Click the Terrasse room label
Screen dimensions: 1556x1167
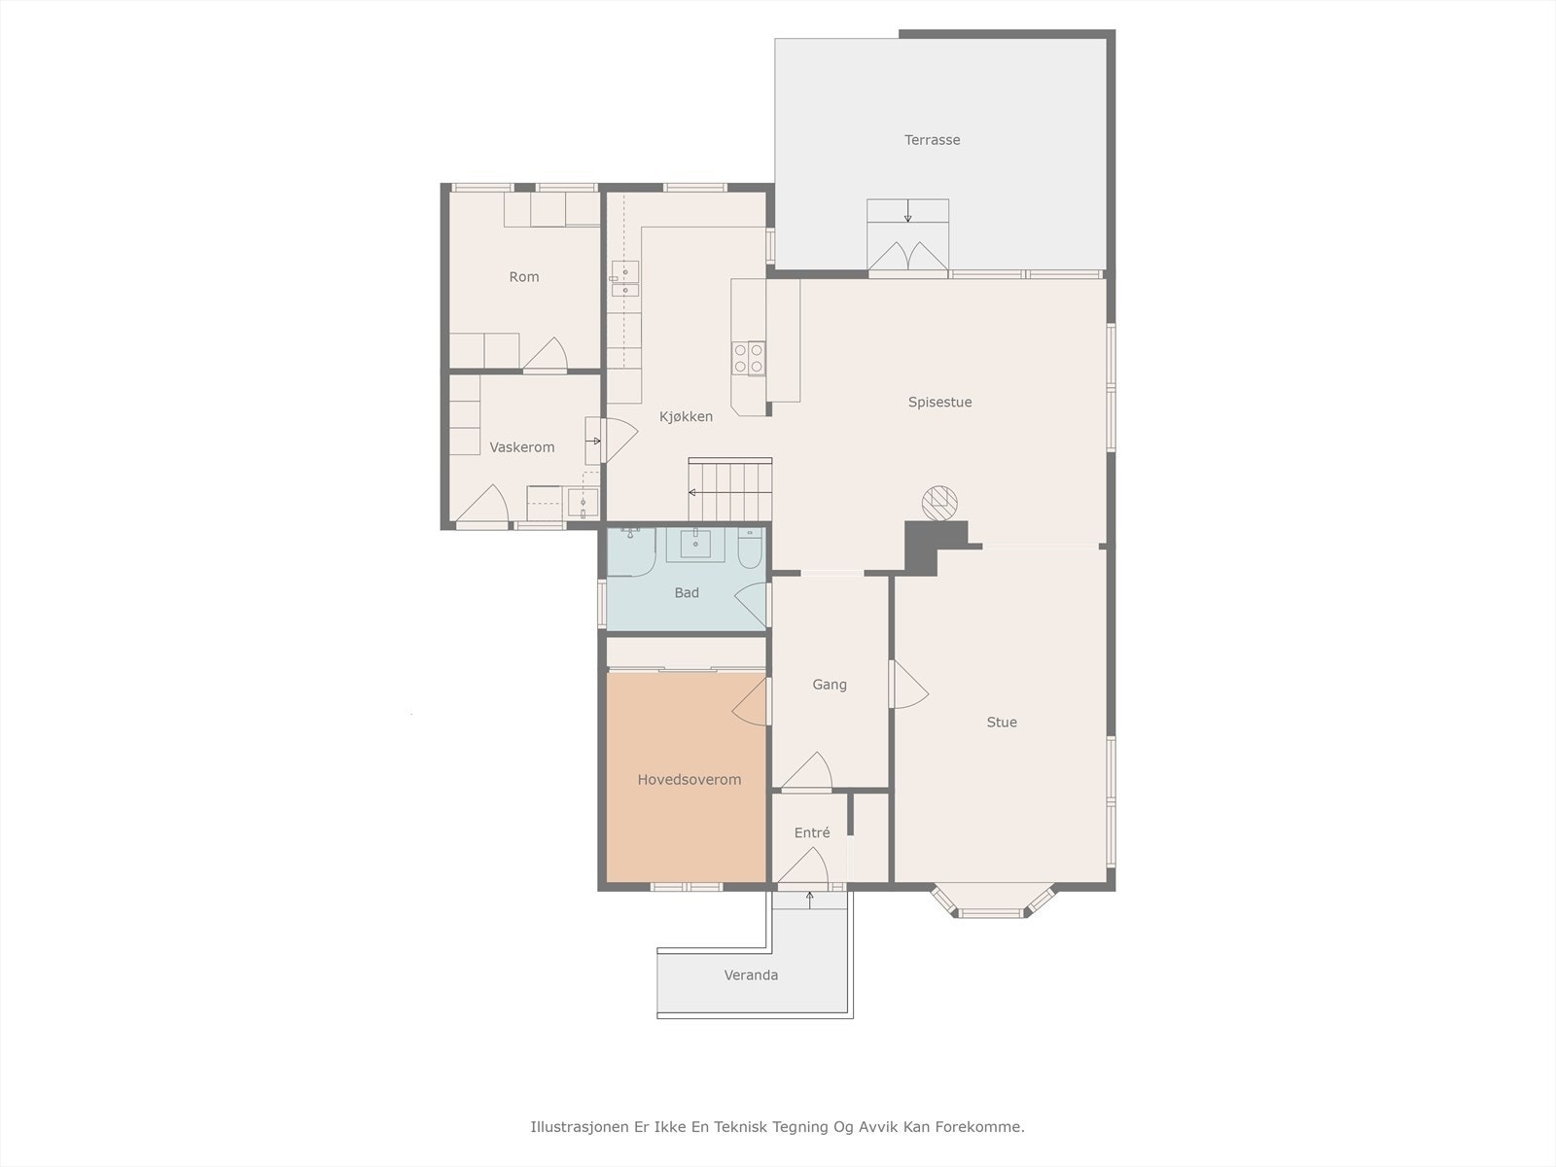(933, 140)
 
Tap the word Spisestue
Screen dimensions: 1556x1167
(940, 402)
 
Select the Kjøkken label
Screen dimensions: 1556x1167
(686, 416)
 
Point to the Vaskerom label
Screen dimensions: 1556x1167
(521, 447)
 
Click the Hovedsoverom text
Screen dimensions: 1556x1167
(690, 779)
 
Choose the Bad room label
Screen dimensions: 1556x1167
(687, 592)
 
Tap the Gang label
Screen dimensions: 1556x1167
(830, 685)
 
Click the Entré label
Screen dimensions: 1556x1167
(812, 832)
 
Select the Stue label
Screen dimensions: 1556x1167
(1002, 722)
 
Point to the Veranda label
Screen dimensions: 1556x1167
(751, 975)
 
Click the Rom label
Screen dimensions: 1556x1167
(524, 277)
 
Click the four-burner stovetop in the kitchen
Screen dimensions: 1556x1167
(749, 358)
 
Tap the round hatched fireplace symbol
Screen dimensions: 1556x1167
(939, 503)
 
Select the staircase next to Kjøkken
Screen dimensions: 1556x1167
(730, 489)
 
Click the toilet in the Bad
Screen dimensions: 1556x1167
(749, 548)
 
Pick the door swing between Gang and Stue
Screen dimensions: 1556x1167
(908, 685)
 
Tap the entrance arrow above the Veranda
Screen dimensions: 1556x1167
(809, 900)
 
